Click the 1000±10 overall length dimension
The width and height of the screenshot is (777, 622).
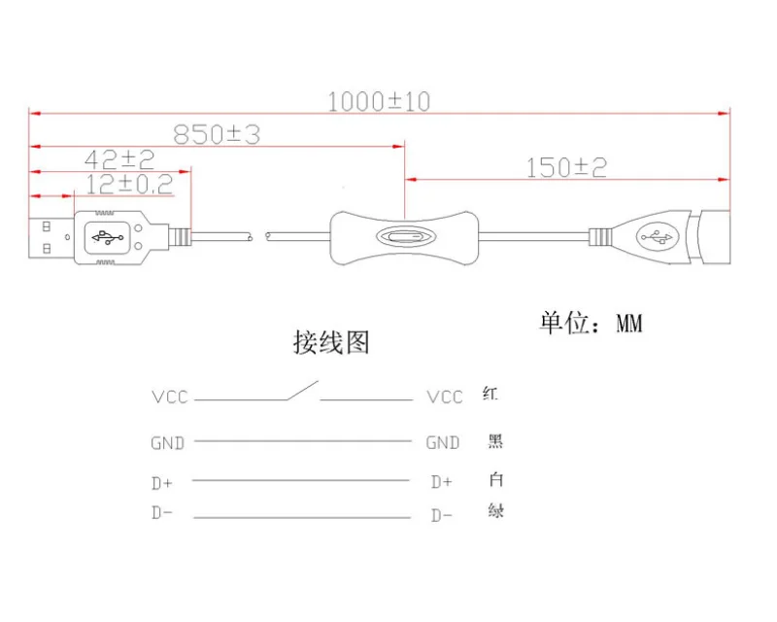[x=378, y=101]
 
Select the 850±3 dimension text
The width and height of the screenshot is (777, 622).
[x=217, y=135]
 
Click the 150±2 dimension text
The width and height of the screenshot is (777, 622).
[x=566, y=167]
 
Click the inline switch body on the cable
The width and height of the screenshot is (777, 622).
[x=404, y=238]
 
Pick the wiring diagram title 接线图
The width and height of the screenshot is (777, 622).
[x=331, y=342]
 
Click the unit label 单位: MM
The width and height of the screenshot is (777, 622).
[x=591, y=323]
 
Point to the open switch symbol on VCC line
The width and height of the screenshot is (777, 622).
[x=303, y=392]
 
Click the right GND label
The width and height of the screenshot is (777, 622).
[x=443, y=443]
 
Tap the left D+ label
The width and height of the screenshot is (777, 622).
[x=163, y=481]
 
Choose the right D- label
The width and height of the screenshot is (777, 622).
[x=442, y=515]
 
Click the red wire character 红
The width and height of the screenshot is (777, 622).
[x=490, y=395]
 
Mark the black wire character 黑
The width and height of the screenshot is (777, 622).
[x=495, y=442]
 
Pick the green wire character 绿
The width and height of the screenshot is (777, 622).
[x=495, y=511]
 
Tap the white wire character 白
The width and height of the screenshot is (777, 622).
[x=495, y=479]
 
